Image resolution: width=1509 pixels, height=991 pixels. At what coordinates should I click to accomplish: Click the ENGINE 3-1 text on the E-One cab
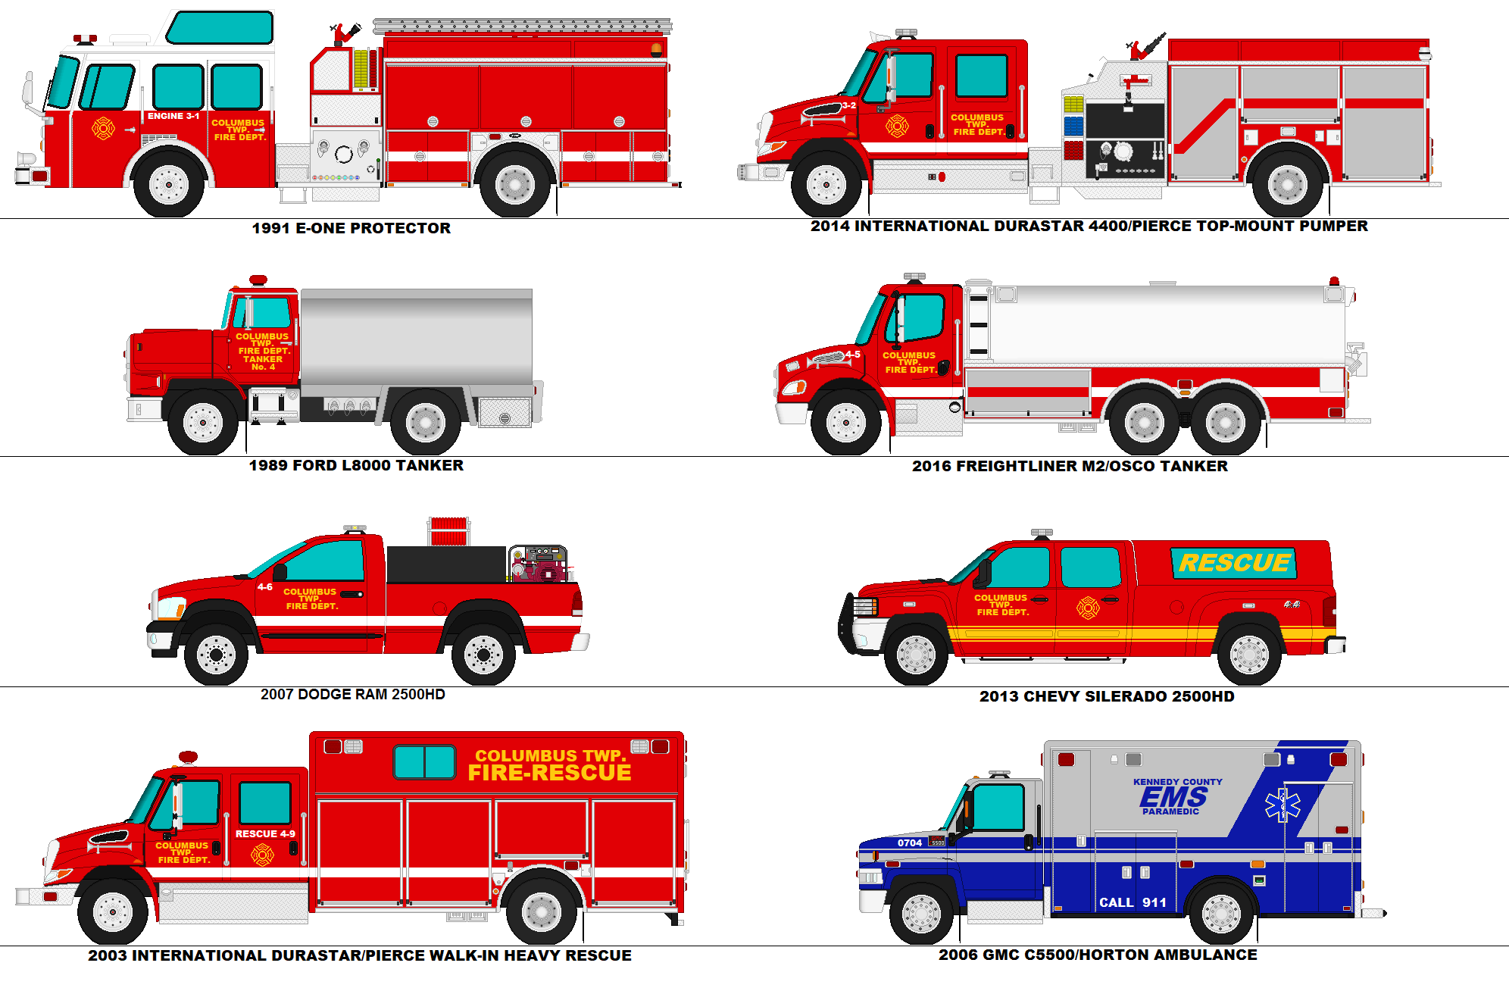173,116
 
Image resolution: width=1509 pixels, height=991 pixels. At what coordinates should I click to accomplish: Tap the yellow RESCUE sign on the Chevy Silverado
1234,563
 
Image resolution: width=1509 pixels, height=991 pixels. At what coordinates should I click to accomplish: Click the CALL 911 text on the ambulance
1133,902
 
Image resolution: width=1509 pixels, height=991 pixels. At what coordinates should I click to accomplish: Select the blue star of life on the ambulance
1282,805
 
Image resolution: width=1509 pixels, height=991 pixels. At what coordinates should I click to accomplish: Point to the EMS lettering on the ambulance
1173,797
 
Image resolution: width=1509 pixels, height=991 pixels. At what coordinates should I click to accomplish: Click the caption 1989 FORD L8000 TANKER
356,465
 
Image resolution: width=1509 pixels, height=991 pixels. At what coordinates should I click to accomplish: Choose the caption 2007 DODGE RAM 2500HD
353,694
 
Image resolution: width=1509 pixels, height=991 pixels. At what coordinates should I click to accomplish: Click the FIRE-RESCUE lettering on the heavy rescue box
549,773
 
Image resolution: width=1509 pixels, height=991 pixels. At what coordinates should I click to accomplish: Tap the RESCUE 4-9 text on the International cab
265,833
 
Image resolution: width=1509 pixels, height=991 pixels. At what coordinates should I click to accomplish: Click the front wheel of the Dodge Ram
216,655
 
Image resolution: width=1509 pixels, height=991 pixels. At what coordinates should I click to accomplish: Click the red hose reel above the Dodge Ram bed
448,531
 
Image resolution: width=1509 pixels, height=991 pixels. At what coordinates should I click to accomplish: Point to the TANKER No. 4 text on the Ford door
263,363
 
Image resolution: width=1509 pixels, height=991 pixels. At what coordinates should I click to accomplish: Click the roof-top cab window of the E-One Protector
220,28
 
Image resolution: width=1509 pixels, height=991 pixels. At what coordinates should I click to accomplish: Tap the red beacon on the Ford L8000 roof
258,280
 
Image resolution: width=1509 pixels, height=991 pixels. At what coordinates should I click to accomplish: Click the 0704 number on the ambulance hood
910,843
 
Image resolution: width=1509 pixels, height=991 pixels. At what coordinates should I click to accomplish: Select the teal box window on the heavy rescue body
424,761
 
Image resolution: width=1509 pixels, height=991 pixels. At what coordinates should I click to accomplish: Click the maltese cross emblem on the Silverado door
1088,608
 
